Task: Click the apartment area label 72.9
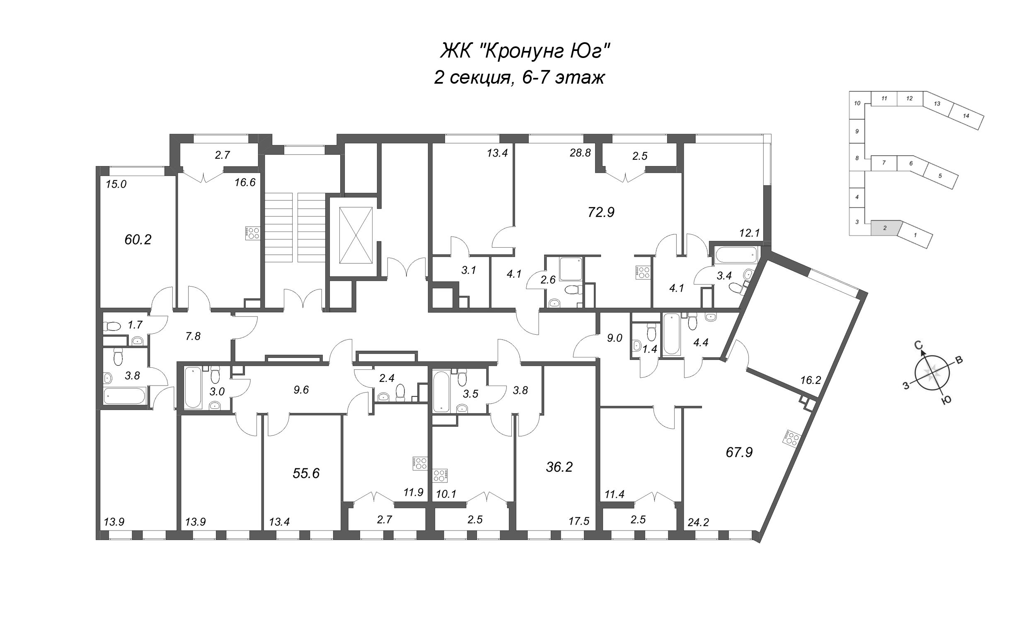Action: click(x=601, y=212)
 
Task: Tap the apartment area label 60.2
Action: click(x=138, y=240)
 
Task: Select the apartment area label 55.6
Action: click(x=306, y=473)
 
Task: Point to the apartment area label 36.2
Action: click(x=559, y=467)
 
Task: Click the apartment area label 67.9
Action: click(x=739, y=452)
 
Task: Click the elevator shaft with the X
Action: click(x=356, y=236)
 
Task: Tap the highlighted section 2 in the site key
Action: click(x=884, y=228)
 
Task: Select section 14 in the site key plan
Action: click(x=966, y=116)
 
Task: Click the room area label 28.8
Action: click(x=580, y=153)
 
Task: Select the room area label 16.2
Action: click(x=811, y=380)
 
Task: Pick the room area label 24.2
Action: click(x=698, y=522)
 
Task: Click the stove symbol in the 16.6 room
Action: click(x=253, y=233)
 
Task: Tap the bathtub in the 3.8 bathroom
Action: click(x=125, y=395)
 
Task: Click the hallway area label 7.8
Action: click(x=193, y=336)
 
